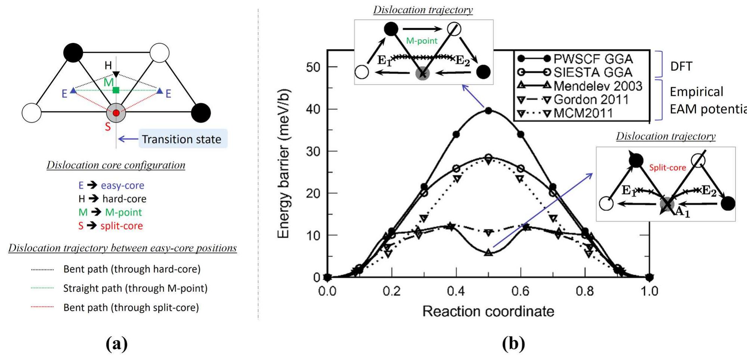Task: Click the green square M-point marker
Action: coord(116,90)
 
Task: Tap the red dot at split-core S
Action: coord(116,113)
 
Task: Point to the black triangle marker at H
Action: coord(116,74)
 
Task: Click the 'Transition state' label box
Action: coord(182,139)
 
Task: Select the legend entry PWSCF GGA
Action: coord(593,59)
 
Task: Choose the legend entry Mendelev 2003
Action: coord(598,86)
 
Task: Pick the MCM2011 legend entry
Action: coord(583,113)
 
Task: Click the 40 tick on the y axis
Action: coord(313,109)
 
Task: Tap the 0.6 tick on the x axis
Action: coord(520,291)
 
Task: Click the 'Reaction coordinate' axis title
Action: coord(488,311)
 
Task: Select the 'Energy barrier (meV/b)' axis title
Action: coord(284,163)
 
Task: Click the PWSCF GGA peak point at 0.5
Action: coord(488,110)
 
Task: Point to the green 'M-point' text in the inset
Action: coord(422,41)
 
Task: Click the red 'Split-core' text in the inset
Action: coord(667,168)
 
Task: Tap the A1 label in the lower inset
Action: coord(683,213)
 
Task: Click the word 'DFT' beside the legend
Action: coord(681,66)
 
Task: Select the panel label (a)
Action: coord(116,343)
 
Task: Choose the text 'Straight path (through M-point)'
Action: coord(135,288)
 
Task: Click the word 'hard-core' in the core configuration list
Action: coord(124,199)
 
